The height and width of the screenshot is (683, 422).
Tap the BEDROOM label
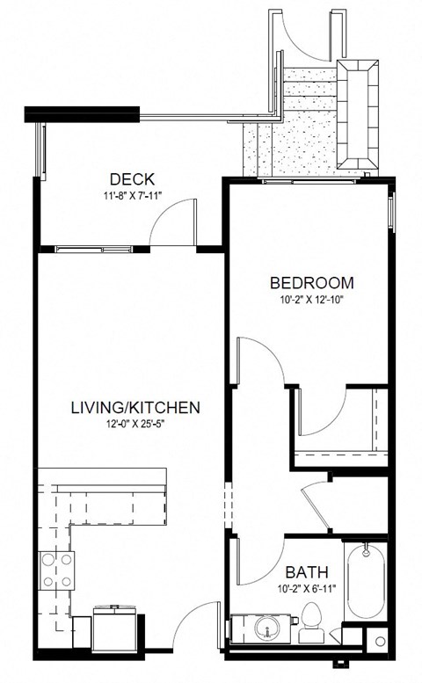311,283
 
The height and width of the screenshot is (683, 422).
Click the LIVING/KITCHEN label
135,408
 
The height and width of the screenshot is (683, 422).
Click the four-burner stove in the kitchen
57,570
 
